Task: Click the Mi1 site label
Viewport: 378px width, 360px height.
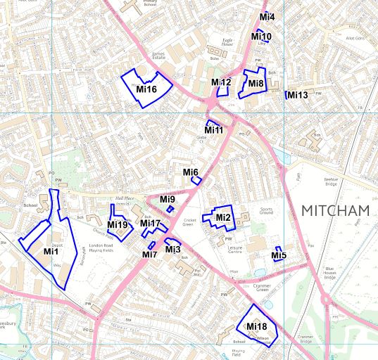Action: tap(51, 252)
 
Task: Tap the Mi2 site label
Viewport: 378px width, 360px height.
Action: tap(223, 217)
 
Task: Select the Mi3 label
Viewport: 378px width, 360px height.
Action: tap(173, 250)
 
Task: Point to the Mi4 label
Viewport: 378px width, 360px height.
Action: tap(267, 17)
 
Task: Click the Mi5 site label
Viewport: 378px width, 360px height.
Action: tap(279, 256)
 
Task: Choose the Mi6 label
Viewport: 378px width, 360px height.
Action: tap(191, 172)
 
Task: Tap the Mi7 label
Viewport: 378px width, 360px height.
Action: tap(150, 255)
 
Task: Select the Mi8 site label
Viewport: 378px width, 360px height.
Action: tap(256, 84)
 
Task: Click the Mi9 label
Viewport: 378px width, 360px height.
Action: tap(167, 200)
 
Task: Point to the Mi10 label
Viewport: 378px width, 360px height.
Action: tap(261, 37)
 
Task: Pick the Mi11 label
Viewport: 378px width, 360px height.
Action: tap(214, 130)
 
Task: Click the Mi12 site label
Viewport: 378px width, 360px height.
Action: tap(221, 83)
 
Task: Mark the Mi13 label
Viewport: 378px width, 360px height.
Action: tap(298, 96)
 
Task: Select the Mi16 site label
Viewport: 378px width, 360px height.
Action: tap(146, 89)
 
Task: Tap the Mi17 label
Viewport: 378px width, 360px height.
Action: tap(151, 224)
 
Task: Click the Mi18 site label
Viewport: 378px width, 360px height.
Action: tap(257, 326)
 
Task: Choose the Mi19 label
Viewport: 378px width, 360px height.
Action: tap(118, 226)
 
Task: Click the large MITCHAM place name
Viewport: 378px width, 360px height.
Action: tap(335, 211)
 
